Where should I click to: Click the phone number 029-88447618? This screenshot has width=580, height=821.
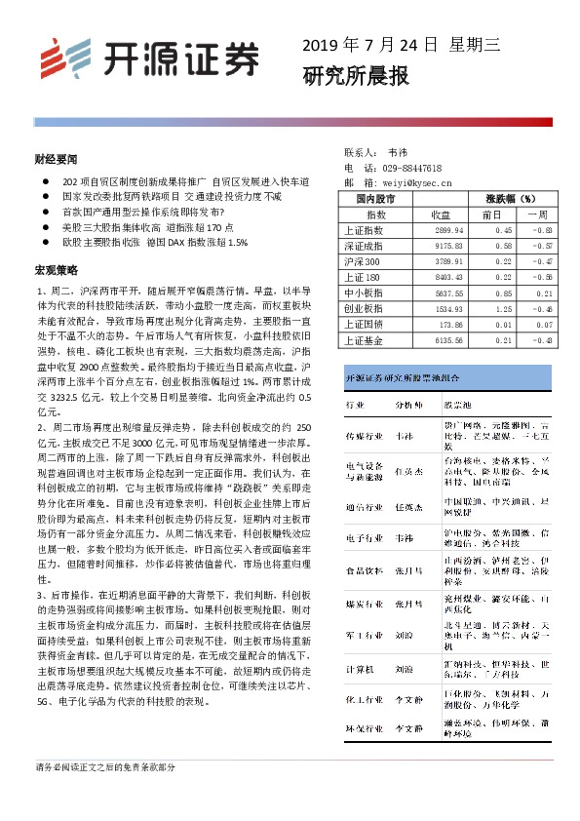(x=414, y=168)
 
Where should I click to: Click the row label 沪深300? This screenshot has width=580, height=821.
(x=363, y=262)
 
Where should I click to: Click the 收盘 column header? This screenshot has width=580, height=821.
(x=440, y=215)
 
